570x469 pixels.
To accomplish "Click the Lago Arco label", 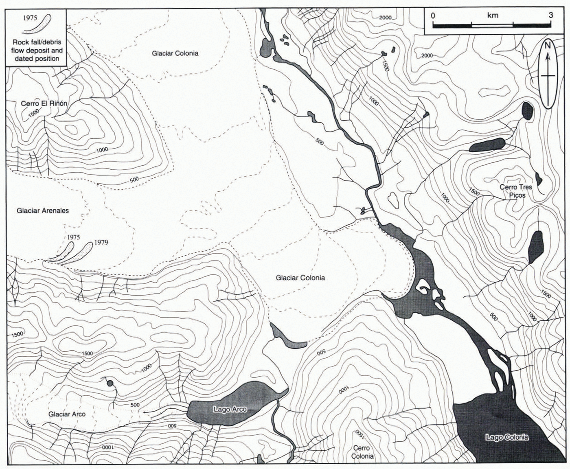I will tap(230, 409).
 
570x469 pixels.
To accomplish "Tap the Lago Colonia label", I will tap(507, 437).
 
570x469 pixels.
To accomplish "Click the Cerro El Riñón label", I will tap(44, 103).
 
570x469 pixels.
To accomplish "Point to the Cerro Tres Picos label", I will tap(516, 191).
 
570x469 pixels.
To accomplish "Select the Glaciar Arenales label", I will tap(43, 210).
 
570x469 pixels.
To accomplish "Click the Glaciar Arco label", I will tap(67, 414).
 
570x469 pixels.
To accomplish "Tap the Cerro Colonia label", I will tap(362, 452).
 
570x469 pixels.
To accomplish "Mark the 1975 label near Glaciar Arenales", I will tap(74, 237).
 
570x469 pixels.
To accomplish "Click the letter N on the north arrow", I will tap(548, 45).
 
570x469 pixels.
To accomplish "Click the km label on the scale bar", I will tap(492, 15).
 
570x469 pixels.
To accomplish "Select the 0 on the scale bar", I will tap(433, 15).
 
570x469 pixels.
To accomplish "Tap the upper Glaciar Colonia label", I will tap(175, 53).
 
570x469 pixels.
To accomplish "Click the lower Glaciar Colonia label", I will tap(300, 278).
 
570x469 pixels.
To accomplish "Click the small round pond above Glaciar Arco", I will tap(109, 383).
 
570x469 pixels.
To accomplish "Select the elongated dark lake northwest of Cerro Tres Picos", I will tap(487, 145).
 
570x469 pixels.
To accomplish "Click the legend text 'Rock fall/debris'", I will tap(37, 42).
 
